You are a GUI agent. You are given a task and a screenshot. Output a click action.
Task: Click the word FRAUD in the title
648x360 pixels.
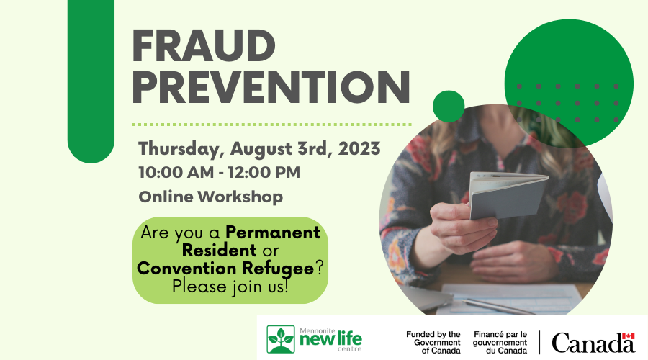(x=204, y=45)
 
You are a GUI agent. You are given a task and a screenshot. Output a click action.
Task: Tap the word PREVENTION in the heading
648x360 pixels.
(x=271, y=88)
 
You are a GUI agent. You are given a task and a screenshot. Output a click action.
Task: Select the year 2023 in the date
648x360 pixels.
(x=359, y=148)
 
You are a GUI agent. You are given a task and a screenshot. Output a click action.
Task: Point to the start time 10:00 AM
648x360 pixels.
(x=176, y=172)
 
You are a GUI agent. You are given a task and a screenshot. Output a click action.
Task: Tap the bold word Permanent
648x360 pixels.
(x=273, y=233)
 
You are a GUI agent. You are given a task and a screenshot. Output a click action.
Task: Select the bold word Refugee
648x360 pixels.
(x=278, y=269)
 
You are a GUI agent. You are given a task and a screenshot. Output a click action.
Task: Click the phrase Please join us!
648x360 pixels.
(x=230, y=287)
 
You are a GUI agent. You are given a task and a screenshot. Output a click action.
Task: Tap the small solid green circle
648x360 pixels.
(x=449, y=107)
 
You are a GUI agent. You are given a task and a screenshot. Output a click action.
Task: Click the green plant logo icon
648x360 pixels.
(x=281, y=339)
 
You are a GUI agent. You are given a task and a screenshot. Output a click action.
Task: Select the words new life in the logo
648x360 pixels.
(x=330, y=339)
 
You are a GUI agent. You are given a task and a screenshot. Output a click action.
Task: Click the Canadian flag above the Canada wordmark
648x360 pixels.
(x=628, y=336)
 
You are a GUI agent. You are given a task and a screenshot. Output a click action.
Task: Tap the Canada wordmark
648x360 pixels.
(x=593, y=343)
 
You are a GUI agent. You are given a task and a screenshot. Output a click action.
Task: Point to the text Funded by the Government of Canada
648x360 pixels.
(x=433, y=342)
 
